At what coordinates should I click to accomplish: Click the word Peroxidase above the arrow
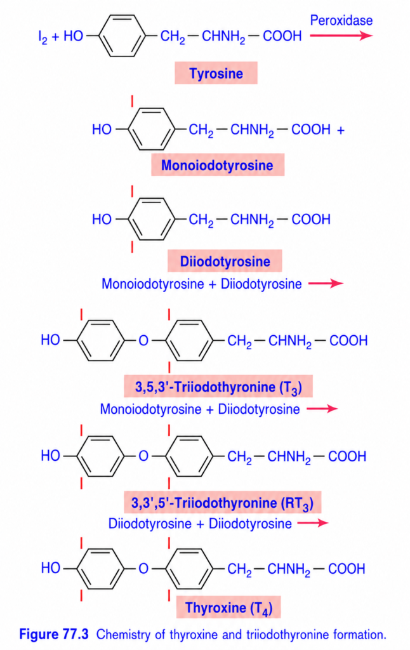coord(341,20)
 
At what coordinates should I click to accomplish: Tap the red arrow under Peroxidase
coord(341,36)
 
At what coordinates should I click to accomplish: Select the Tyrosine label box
coord(216,73)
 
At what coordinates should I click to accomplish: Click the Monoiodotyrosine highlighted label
coord(217,165)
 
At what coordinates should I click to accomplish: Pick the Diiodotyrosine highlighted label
coord(225,261)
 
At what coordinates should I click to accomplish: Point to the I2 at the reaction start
coord(43,37)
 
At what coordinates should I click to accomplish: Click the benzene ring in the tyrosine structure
coord(122,36)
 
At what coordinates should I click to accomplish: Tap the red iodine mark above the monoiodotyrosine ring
coord(132,101)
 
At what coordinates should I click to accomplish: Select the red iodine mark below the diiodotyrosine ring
coord(132,247)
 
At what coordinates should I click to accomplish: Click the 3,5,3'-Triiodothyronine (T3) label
coord(218,387)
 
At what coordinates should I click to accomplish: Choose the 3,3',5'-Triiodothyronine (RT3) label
coord(222,503)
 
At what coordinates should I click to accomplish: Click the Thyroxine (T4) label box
coord(228,607)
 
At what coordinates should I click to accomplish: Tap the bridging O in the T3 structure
coord(143,341)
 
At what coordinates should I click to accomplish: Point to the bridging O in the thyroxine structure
coord(143,568)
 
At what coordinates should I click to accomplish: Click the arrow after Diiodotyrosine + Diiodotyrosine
coord(313,523)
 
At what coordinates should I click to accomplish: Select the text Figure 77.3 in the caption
coord(54,634)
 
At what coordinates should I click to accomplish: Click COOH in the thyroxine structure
coord(347,569)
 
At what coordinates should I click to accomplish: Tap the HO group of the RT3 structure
coord(50,456)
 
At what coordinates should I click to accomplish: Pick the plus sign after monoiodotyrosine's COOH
coord(340,130)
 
